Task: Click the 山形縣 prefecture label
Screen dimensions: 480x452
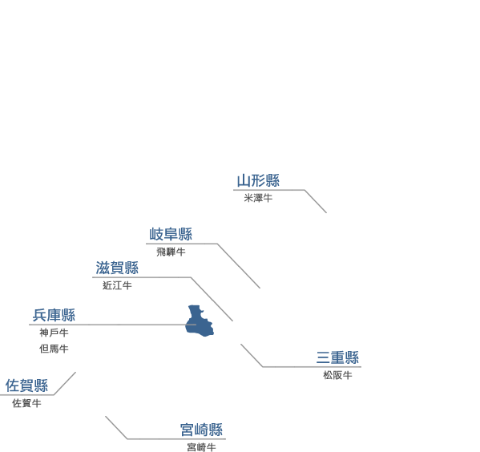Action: tap(258, 180)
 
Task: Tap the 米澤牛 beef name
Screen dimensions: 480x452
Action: tap(258, 198)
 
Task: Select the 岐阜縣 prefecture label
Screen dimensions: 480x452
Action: tap(171, 234)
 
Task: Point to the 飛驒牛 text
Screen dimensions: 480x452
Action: tap(171, 252)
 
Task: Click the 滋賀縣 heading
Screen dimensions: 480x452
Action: tap(117, 268)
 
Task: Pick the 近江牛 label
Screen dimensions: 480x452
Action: tap(117, 286)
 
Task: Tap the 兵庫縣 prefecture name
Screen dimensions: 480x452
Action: tap(54, 315)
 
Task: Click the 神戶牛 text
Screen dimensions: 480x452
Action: tap(54, 333)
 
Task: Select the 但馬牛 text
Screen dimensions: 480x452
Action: tap(54, 349)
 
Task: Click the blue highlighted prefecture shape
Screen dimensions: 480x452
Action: tap(199, 321)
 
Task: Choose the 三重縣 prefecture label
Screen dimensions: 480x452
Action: tap(337, 357)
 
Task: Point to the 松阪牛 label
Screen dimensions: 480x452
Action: tap(337, 375)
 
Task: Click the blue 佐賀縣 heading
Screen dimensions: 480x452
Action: tap(26, 385)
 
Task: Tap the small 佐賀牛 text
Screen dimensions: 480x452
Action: tap(26, 403)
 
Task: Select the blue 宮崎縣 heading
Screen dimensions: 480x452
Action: tap(201, 430)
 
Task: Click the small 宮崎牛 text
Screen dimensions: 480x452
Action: tap(201, 447)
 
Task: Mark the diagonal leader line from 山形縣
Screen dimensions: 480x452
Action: tap(315, 201)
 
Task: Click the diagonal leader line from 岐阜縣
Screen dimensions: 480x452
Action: tap(239, 266)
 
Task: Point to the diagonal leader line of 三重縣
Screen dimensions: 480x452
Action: tap(252, 355)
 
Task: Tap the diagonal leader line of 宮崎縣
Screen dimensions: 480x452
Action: tap(116, 427)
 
